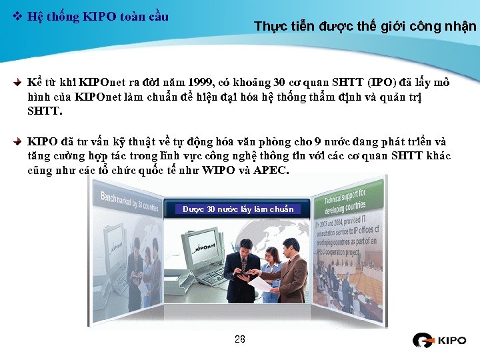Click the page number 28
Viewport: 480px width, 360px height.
click(x=240, y=339)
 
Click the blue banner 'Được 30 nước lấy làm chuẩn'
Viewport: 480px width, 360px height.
click(x=238, y=209)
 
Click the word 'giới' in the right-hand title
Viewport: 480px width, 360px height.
click(x=395, y=27)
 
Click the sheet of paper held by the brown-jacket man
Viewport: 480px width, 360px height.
click(x=259, y=284)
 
